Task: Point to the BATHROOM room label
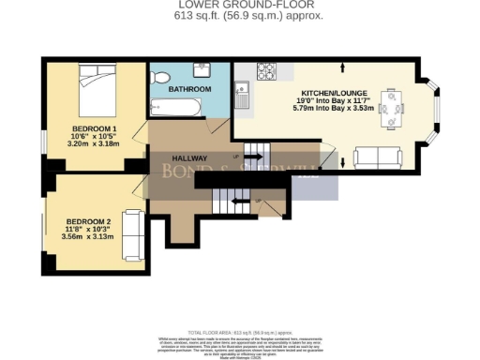coord(189,89)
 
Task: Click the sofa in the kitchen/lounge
coord(375,156)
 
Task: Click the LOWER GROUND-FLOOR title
coord(239,5)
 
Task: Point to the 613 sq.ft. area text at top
coord(239,16)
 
